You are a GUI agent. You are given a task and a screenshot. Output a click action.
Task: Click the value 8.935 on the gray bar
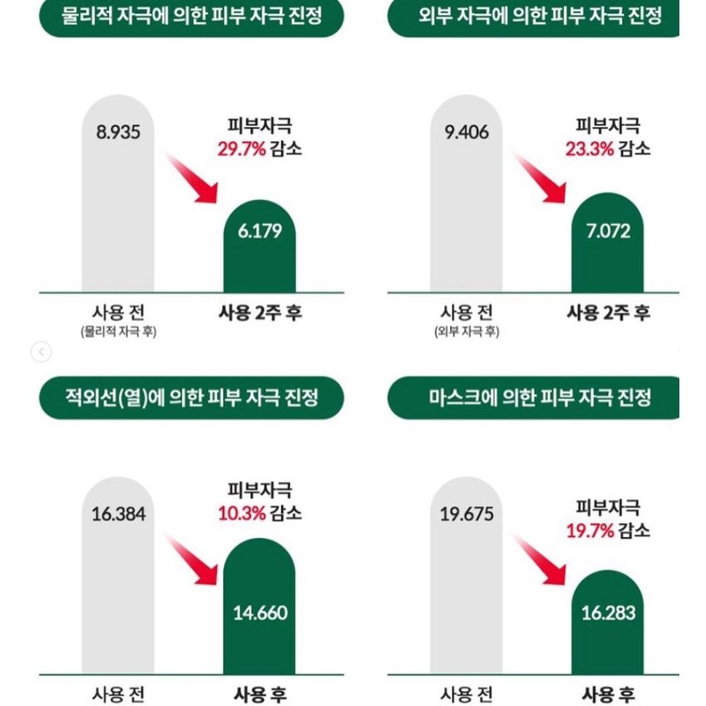(118, 132)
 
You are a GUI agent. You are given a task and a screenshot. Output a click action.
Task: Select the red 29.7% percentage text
(241, 150)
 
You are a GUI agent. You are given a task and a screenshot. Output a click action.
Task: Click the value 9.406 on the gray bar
(467, 132)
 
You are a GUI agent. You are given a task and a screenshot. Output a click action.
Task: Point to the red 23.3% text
(590, 150)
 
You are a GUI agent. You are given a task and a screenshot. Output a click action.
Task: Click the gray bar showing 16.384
(118, 582)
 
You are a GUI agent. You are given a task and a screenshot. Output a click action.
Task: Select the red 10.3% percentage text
(241, 514)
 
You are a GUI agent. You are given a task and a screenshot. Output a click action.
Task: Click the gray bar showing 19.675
(467, 582)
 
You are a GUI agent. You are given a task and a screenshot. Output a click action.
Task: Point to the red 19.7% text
(590, 531)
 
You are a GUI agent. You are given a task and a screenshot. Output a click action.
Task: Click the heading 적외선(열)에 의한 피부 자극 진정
(191, 397)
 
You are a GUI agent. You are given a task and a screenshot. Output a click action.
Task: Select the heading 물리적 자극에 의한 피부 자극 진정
(191, 16)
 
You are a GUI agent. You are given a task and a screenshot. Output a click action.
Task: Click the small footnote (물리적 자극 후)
(118, 332)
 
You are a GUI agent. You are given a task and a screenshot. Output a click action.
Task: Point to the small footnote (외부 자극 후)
(467, 332)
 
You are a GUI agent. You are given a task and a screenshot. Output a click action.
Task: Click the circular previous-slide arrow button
(41, 353)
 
